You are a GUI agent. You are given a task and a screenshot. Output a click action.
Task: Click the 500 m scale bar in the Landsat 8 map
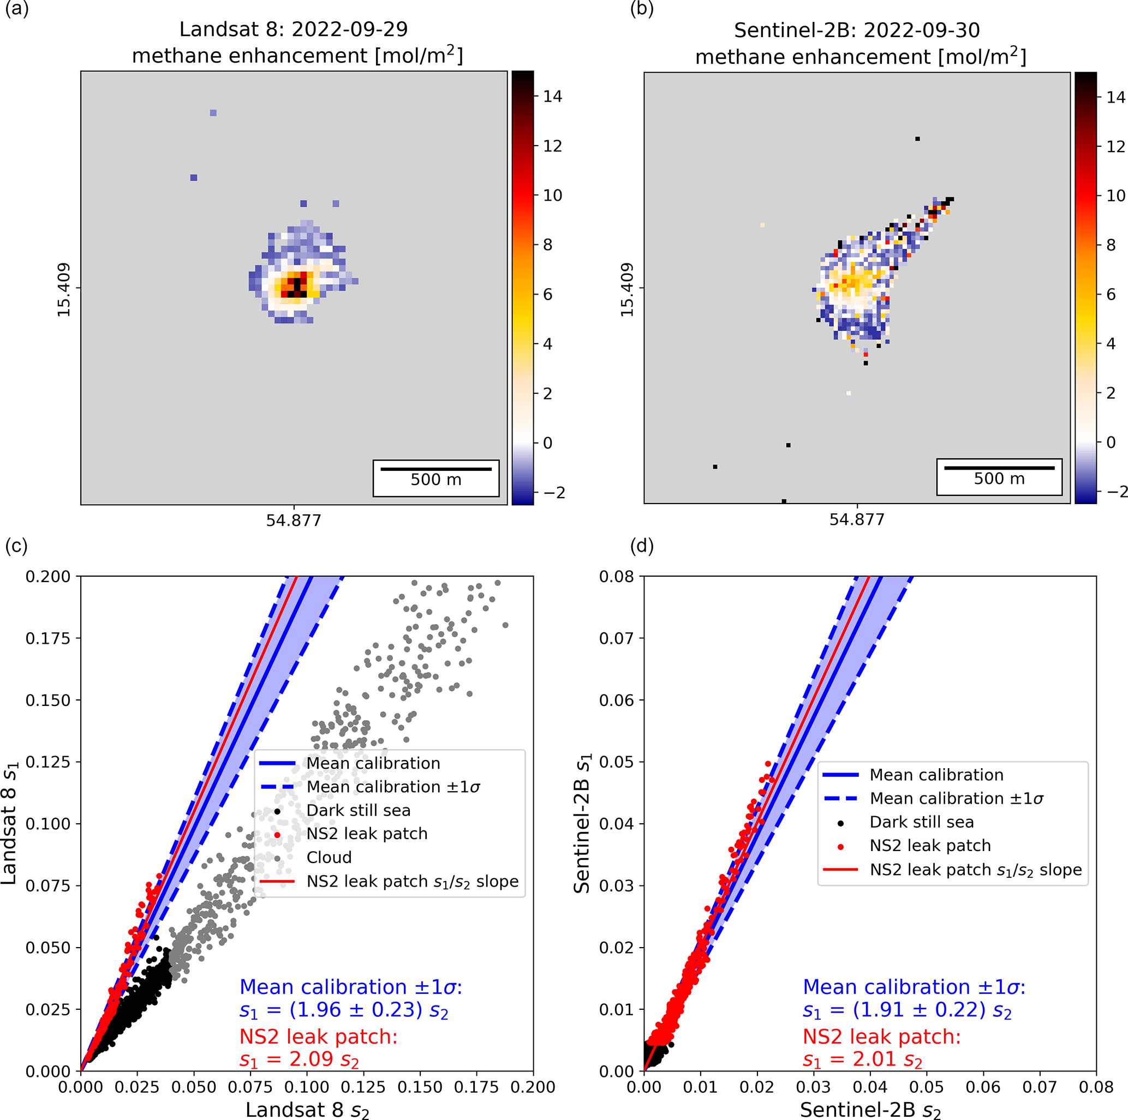pos(435,469)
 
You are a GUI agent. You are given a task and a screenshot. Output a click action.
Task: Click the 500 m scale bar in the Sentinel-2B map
pos(999,468)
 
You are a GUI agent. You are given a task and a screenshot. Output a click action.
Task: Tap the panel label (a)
pos(16,9)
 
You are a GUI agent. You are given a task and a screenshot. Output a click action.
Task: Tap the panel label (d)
pos(642,546)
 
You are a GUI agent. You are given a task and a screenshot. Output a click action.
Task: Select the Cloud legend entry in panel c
pos(329,858)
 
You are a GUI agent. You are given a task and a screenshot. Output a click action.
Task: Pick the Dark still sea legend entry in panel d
pos(921,822)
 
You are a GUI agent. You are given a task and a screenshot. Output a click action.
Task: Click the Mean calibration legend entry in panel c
pos(373,763)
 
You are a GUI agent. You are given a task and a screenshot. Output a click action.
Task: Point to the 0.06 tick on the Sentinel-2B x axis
pos(983,1087)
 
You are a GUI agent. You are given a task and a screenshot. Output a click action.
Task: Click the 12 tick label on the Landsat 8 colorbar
pos(552,146)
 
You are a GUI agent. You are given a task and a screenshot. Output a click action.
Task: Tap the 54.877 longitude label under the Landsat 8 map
pos(294,520)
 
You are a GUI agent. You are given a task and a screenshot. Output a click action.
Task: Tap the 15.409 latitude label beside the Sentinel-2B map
pos(627,290)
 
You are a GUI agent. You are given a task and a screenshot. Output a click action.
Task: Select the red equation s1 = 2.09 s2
pos(299,1059)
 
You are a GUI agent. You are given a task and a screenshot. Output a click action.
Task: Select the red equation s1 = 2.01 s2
pos(862,1059)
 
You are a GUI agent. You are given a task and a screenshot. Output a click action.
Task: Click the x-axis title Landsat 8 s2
pos(307,1109)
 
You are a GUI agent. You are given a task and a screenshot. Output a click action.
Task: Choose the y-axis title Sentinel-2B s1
pos(582,823)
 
